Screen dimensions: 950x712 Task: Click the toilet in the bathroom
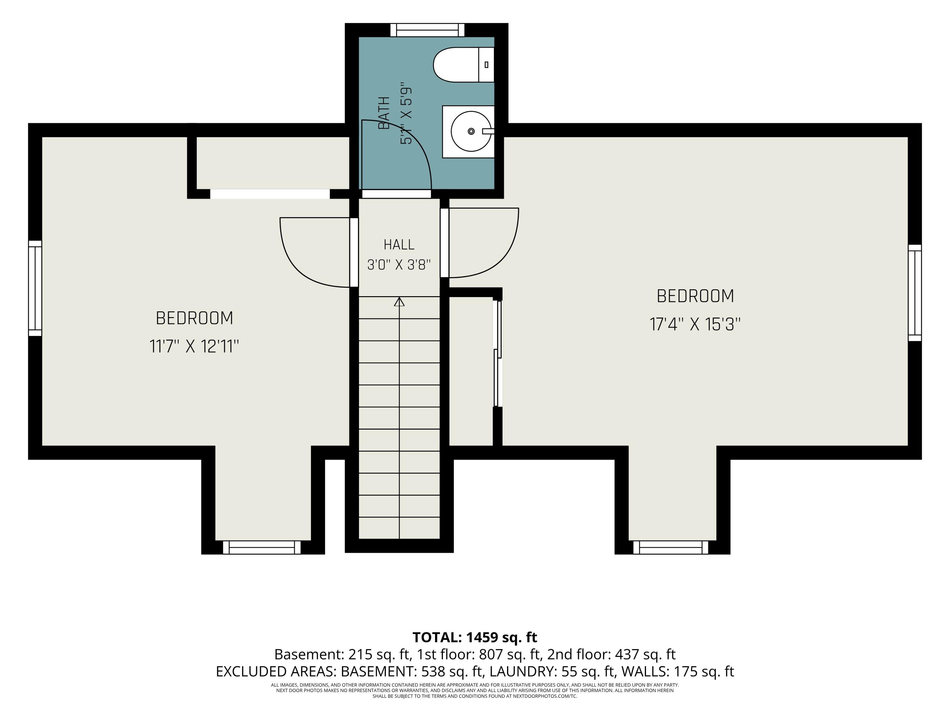point(464,65)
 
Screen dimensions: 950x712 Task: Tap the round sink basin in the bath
point(471,131)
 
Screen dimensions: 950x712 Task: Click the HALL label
point(399,245)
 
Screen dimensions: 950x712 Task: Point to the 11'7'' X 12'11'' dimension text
point(194,346)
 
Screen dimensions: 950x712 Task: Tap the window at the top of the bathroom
point(427,30)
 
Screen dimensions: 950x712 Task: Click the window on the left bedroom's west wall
point(35,288)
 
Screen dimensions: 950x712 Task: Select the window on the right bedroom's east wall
point(915,293)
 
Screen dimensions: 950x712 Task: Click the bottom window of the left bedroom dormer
point(262,548)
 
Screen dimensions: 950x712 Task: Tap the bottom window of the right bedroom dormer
point(671,548)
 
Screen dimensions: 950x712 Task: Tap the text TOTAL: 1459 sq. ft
point(475,637)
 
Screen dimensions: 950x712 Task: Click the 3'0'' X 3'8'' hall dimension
point(399,265)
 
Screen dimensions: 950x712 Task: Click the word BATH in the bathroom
point(384,113)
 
